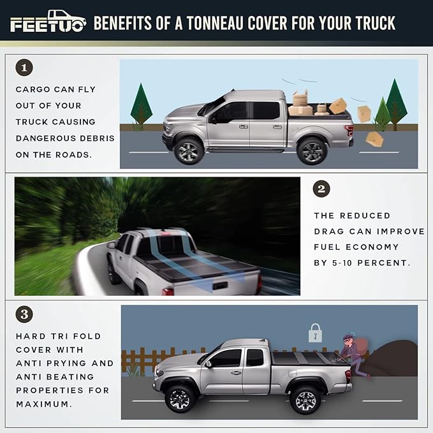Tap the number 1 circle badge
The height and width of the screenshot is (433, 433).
[24, 68]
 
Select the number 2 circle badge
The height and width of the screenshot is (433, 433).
[322, 189]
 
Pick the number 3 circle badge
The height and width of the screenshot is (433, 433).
[24, 314]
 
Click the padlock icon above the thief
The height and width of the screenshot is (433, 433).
[315, 332]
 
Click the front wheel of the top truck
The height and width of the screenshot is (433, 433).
[189, 150]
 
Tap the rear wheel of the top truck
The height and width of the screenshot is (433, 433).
[312, 150]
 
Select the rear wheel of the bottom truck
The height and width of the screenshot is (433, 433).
[305, 399]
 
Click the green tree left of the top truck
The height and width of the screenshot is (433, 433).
[141, 106]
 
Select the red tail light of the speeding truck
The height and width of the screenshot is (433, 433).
[168, 291]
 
